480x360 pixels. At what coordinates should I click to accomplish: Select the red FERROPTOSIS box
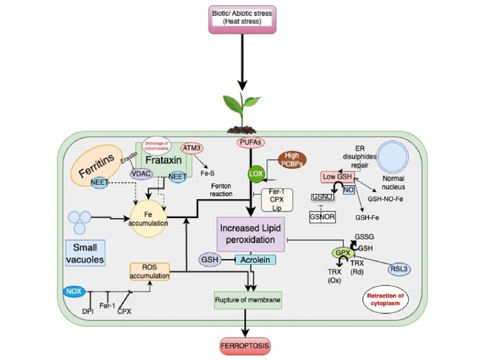tap(245, 345)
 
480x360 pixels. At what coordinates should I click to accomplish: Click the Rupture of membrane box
tap(247, 300)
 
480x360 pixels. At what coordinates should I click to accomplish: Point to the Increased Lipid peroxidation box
tap(250, 233)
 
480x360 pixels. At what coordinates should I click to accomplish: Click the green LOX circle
tap(254, 173)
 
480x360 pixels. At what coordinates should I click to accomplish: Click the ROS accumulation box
tap(149, 271)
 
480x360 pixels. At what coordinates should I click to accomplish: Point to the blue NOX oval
tap(74, 290)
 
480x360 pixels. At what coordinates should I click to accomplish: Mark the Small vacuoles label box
tap(85, 253)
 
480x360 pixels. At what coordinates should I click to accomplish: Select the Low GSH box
tap(337, 177)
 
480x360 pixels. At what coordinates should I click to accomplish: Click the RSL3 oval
tap(401, 269)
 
